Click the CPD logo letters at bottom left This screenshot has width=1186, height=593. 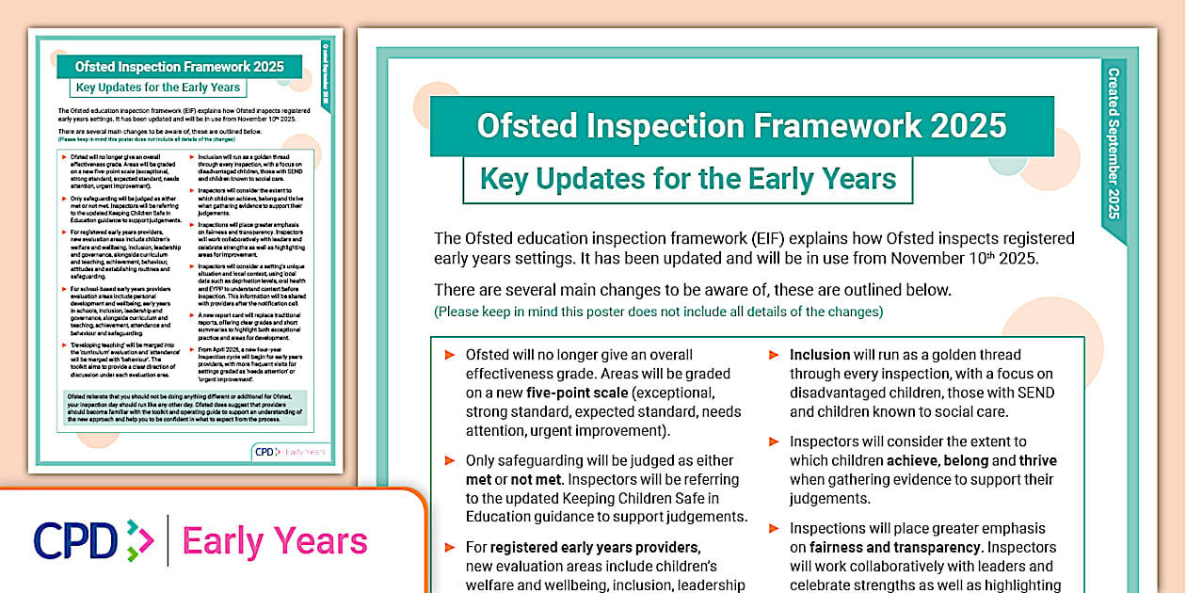(x=75, y=541)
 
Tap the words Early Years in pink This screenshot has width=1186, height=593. (x=275, y=541)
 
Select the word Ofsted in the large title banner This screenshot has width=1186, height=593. (x=523, y=125)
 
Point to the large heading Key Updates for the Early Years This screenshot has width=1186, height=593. (x=687, y=179)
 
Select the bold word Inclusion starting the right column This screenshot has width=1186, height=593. (x=820, y=355)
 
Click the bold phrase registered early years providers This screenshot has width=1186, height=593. (x=595, y=547)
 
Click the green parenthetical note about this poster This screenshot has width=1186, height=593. (x=658, y=312)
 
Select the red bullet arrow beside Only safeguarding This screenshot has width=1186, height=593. (x=449, y=461)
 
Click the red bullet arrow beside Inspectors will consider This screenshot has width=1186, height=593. (x=773, y=442)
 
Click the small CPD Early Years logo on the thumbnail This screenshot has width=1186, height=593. (x=291, y=452)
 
